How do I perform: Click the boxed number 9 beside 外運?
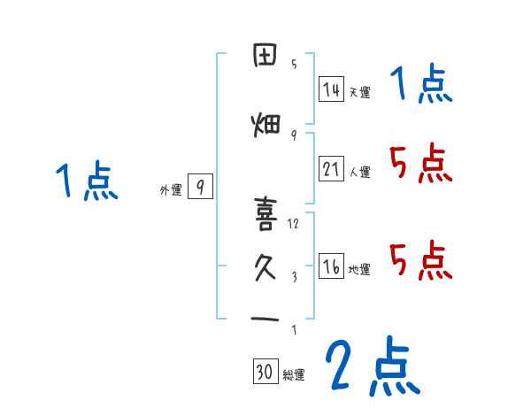coord(201,188)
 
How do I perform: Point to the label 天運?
coord(359,92)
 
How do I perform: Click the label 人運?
coord(360,172)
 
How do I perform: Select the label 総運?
coord(294,375)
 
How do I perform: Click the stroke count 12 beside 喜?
coord(294,223)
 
